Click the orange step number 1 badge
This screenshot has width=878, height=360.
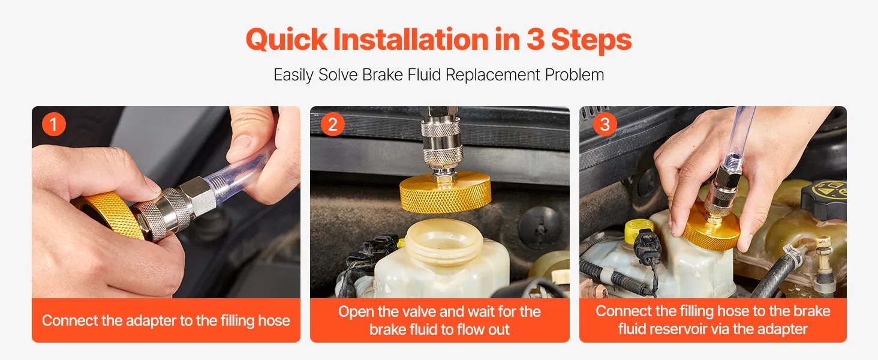coord(54,124)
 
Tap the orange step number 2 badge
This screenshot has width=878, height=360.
coord(332,124)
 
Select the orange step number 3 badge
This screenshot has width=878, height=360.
coord(605,124)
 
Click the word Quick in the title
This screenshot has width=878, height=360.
coord(287,40)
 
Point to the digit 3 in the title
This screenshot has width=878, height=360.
coord(536,39)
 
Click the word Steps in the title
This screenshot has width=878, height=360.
coord(591,41)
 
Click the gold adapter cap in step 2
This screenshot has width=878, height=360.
coord(445,193)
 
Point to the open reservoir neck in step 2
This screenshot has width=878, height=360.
coord(444,241)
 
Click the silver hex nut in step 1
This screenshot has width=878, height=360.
coord(203,195)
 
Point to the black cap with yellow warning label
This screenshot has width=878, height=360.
coord(824,199)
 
